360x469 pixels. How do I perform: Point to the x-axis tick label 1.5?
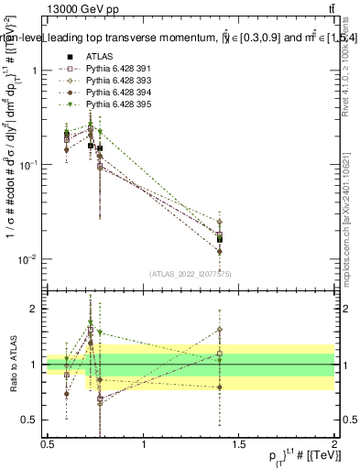(238, 443)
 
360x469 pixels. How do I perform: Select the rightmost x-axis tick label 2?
(333, 443)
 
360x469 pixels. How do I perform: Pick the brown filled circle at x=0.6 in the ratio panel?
(67, 395)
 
